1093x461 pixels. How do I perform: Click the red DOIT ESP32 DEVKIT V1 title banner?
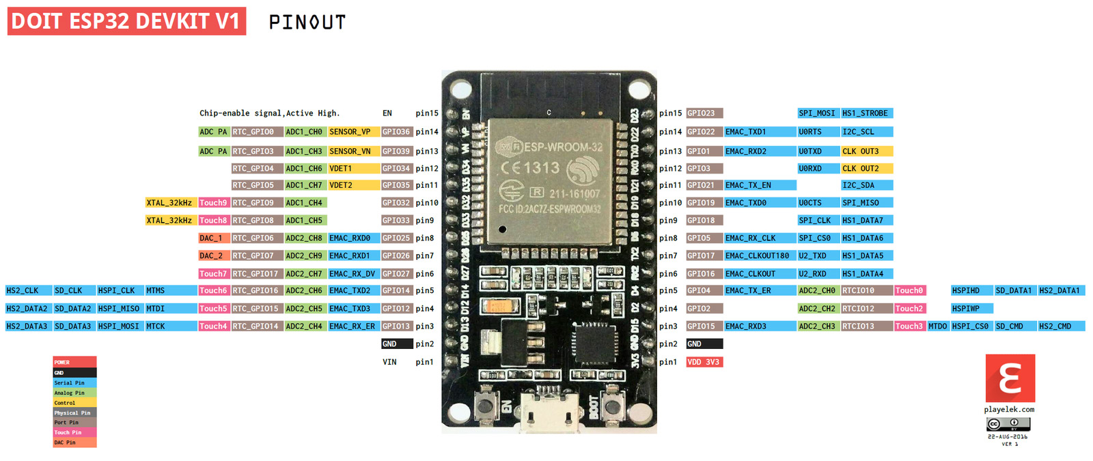126,21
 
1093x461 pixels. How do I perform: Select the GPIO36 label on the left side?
396,132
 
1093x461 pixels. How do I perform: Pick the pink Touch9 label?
213,203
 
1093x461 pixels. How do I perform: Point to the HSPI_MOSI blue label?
119,326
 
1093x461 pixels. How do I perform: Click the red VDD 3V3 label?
704,362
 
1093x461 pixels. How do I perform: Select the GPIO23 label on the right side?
704,113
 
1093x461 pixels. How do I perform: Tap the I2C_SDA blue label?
866,185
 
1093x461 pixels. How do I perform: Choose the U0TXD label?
817,151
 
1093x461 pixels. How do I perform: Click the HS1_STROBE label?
866,113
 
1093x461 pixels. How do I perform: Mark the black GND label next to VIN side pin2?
396,344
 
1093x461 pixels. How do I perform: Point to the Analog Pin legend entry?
74,393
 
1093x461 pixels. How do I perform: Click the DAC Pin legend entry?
74,443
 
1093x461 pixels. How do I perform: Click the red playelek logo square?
1010,378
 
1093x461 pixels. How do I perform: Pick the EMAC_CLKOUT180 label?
758,255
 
